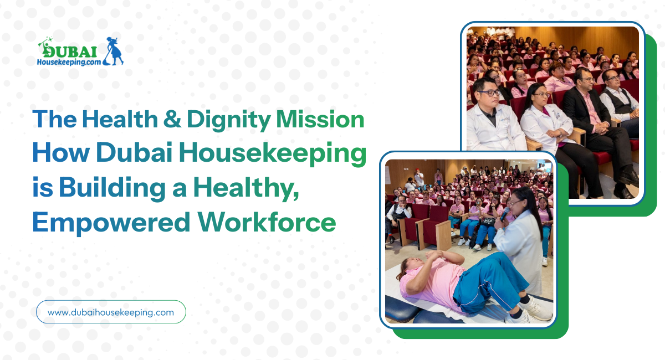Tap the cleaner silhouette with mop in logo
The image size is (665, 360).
click(x=114, y=51)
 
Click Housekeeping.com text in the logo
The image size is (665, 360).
click(x=69, y=63)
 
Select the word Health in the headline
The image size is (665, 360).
click(x=120, y=119)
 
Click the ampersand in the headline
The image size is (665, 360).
click(x=172, y=119)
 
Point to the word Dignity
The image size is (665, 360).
click(x=228, y=120)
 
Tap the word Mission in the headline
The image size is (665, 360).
click(x=320, y=119)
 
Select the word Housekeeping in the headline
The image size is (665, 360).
click(x=273, y=154)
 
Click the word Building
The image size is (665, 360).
click(x=112, y=188)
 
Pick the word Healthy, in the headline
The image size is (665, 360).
click(x=246, y=188)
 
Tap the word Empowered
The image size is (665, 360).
click(x=111, y=223)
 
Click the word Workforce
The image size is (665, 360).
click(x=267, y=222)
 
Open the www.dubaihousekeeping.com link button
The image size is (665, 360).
click(x=111, y=312)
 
